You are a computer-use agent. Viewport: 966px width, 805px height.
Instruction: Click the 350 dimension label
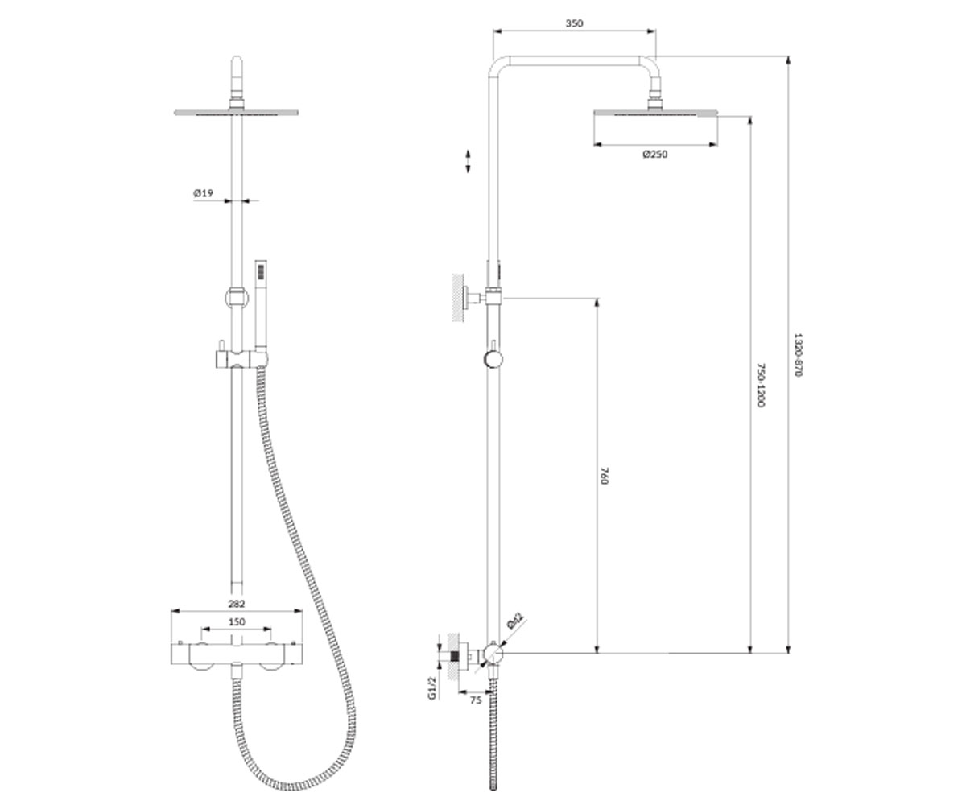click(574, 23)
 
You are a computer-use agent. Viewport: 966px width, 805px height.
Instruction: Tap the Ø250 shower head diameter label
click(654, 154)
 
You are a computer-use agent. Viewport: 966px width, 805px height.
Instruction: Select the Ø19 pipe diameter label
click(203, 193)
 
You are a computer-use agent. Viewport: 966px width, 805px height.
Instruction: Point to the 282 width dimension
click(237, 604)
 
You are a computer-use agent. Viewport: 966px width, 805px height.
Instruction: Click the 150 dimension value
click(237, 622)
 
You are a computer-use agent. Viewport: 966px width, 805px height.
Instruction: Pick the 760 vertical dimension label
click(605, 476)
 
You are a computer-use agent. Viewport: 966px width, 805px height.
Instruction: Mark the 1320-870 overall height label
click(798, 355)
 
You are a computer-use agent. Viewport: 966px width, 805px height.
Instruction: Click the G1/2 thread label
click(432, 688)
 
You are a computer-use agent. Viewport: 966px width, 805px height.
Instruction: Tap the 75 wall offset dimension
click(476, 700)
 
